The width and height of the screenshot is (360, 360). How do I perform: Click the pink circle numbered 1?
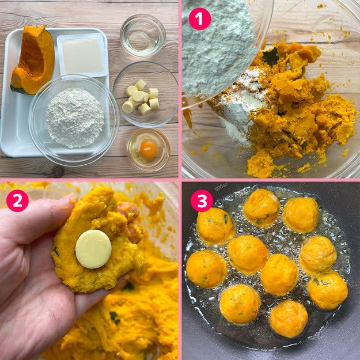200,19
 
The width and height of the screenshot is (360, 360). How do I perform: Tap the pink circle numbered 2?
17,200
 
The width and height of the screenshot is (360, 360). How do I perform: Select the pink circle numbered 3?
202,200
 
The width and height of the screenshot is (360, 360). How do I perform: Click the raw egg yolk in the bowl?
148,150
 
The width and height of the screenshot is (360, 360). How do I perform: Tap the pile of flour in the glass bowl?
75,118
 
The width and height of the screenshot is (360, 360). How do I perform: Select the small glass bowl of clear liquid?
143,35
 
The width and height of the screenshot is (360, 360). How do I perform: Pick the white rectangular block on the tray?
82,55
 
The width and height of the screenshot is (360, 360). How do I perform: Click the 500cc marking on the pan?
221,188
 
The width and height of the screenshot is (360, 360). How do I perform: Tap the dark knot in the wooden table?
58,172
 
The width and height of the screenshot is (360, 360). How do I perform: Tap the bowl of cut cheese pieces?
146,94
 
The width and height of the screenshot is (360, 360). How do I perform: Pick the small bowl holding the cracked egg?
148,150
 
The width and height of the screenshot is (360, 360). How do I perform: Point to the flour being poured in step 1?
218,46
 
